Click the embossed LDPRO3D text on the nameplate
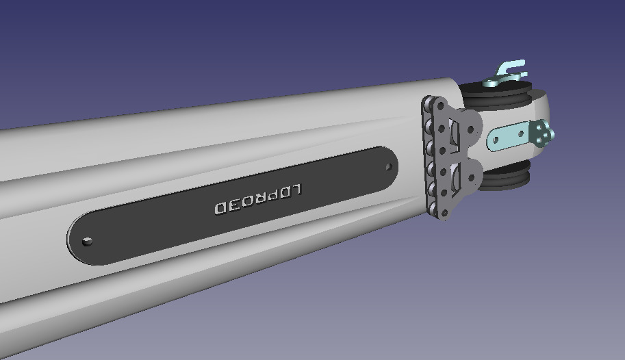click(258, 199)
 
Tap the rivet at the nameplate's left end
click(87, 241)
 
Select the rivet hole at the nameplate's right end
click(387, 166)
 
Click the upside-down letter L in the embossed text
click(296, 190)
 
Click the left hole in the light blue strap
click(495, 142)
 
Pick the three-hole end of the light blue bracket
click(544, 133)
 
